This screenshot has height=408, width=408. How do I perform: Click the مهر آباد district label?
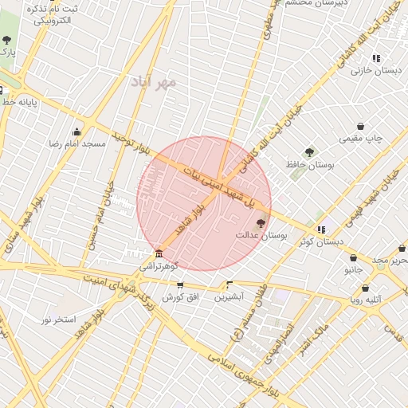(x=156, y=82)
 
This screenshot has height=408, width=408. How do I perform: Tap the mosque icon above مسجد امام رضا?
(x=77, y=131)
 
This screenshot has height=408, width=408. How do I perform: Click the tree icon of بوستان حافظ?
(x=308, y=152)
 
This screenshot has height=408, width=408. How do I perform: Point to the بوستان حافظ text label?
(x=308, y=165)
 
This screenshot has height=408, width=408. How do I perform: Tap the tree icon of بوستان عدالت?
(x=261, y=224)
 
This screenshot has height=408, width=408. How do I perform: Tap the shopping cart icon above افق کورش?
(x=179, y=284)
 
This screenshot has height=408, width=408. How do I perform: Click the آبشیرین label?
(x=229, y=297)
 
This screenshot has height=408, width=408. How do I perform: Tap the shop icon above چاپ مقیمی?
(x=361, y=126)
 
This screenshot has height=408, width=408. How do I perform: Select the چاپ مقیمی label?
(x=361, y=139)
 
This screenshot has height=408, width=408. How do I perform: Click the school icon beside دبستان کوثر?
(x=321, y=229)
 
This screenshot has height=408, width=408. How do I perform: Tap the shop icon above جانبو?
(x=353, y=257)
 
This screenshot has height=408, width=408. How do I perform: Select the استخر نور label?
(x=58, y=320)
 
